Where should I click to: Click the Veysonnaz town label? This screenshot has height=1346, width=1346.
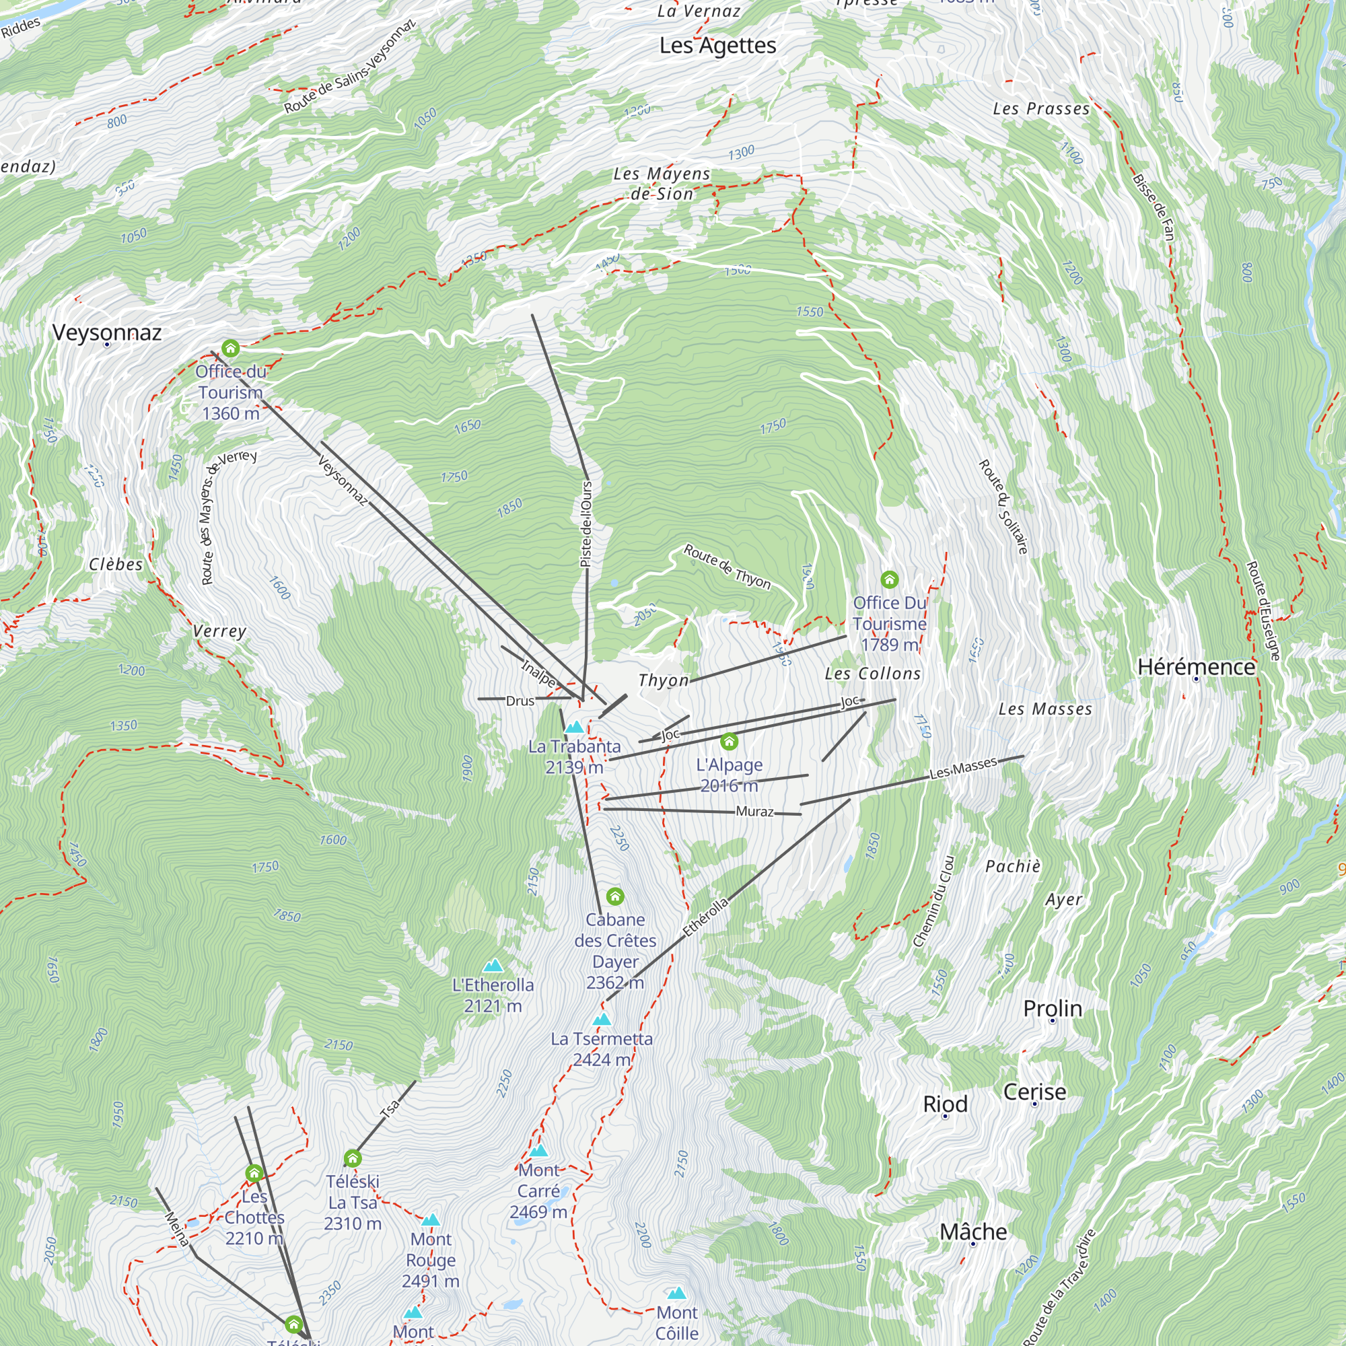(106, 332)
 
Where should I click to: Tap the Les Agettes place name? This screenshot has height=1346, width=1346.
(717, 46)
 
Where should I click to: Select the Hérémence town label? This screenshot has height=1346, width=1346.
(1196, 667)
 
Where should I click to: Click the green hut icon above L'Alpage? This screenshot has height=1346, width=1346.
(729, 740)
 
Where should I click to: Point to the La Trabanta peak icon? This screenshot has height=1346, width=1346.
(574, 728)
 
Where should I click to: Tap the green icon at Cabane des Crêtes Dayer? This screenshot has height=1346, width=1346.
(614, 896)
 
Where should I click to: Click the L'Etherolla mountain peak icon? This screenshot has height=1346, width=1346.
(493, 966)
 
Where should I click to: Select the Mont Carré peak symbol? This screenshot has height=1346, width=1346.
(538, 1150)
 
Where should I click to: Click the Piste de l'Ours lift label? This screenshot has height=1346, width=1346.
(587, 524)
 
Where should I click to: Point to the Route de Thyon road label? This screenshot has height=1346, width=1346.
(728, 567)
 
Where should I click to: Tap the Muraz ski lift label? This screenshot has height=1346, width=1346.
(754, 812)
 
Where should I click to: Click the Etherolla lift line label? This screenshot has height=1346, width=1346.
(705, 917)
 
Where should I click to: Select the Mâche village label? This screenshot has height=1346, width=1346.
(973, 1232)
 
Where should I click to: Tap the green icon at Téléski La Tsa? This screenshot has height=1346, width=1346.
(353, 1159)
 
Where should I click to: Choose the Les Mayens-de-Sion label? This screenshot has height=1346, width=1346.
(661, 183)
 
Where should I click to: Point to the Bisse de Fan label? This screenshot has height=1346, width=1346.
(1154, 207)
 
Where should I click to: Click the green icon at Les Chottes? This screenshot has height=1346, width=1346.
(254, 1173)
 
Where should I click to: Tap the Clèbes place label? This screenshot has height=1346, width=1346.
(116, 565)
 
